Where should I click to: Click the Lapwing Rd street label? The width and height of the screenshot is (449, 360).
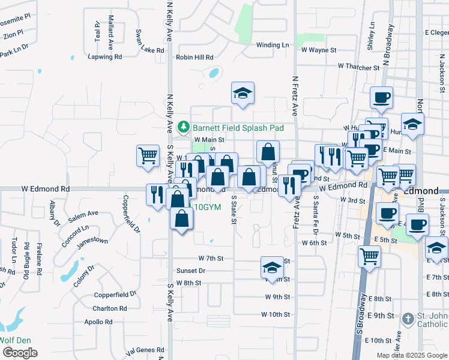click(104, 57)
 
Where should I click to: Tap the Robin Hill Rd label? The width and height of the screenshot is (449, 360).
click(194, 58)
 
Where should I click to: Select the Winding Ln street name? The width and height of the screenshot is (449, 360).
click(273, 45)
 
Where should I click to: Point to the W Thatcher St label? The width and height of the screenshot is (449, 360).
click(359, 66)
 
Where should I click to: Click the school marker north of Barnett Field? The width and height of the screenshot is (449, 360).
click(243, 94)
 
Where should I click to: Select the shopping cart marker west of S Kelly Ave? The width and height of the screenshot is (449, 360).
click(148, 156)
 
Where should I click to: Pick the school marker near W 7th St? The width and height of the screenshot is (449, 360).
click(272, 267)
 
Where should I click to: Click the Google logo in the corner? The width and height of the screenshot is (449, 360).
click(20, 352)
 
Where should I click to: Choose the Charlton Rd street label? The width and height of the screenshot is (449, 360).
click(109, 308)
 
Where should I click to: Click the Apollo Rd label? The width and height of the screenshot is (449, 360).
click(100, 322)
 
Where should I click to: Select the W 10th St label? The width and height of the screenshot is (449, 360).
click(276, 314)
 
